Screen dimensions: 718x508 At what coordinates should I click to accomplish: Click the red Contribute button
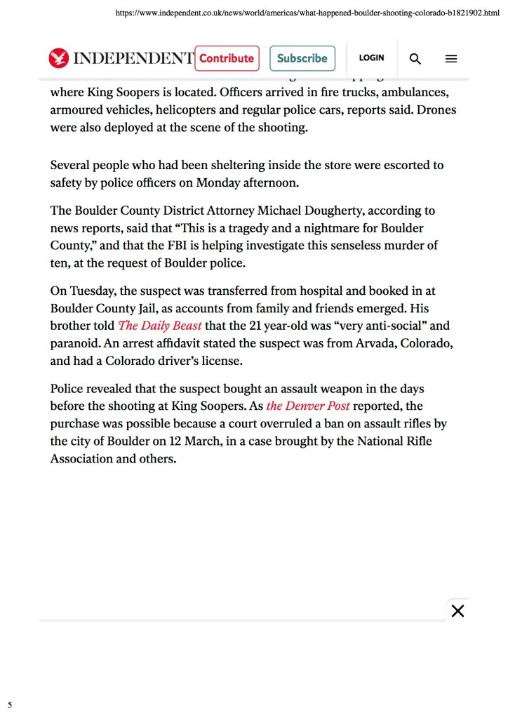coord(227,58)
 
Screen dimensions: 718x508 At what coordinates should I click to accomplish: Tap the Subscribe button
coord(302,58)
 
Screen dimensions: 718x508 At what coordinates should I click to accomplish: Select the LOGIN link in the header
coord(371,58)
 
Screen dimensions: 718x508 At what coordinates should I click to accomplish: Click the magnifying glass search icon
coord(415,59)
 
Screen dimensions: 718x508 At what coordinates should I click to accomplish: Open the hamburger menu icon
coord(451,59)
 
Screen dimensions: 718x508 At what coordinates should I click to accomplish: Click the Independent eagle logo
coord(59,58)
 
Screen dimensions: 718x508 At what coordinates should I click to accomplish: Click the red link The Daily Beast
coord(160,326)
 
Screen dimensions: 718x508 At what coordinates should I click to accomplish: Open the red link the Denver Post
coord(308,406)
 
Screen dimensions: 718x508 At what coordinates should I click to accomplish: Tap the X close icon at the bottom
coord(457,611)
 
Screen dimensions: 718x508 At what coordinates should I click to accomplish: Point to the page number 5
coord(10,704)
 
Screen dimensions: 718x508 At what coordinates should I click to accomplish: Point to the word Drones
coord(437,110)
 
